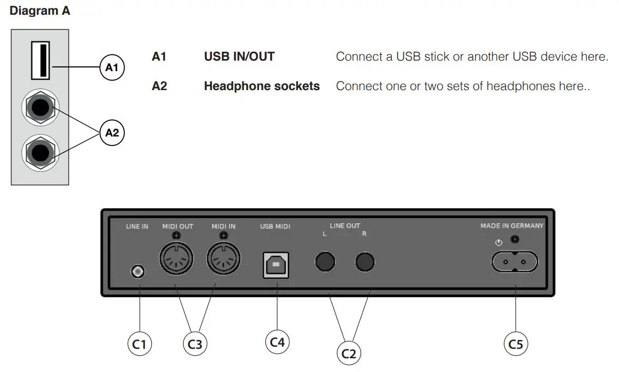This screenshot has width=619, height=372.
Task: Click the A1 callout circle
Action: (x=112, y=67)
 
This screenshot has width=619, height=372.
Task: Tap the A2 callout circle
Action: (x=112, y=133)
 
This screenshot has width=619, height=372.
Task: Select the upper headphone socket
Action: (x=40, y=109)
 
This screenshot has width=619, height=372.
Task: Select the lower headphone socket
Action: (x=40, y=153)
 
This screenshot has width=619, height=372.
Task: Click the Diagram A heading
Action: (x=40, y=11)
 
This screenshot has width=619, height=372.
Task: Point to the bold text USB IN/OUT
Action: (x=239, y=56)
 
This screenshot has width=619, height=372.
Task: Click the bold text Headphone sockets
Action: (x=262, y=86)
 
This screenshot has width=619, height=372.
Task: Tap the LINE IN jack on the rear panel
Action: (x=138, y=271)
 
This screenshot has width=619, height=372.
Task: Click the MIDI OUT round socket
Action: (x=176, y=258)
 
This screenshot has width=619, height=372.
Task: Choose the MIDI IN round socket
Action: (x=224, y=258)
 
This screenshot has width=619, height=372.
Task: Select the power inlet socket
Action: (x=515, y=261)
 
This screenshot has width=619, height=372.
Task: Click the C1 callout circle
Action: (x=140, y=344)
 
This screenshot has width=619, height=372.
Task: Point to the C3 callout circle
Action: (x=195, y=344)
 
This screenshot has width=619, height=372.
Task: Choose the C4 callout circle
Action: (x=277, y=342)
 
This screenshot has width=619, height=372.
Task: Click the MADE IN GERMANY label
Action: (x=511, y=226)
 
